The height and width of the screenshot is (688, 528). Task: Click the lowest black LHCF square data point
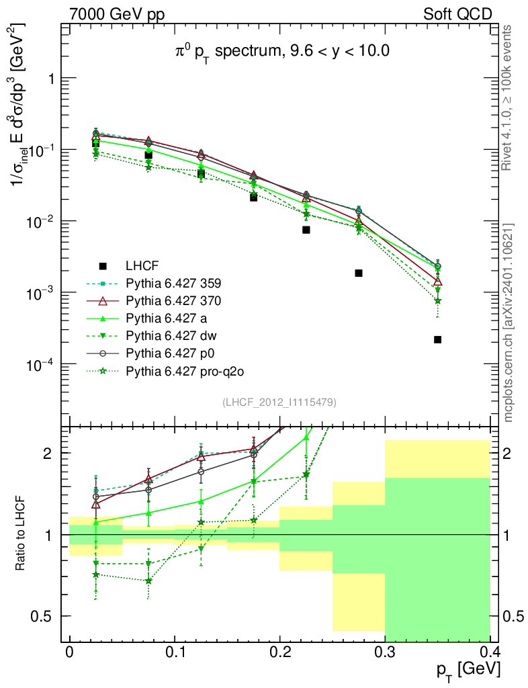[437, 340]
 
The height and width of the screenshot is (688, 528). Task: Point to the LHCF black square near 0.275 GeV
[359, 273]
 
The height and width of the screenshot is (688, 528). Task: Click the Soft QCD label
[457, 13]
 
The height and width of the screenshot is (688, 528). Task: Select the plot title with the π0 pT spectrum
[278, 51]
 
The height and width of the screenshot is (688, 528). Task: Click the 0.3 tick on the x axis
[384, 652]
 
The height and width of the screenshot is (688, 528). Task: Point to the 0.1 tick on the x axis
[174, 652]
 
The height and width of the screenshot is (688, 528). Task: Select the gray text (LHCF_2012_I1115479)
[279, 402]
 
